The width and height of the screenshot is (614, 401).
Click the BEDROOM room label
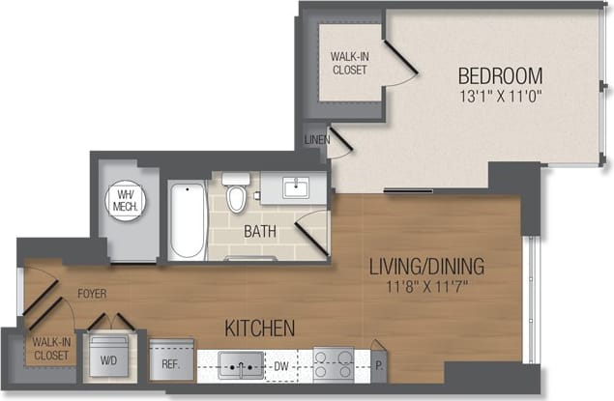point(500,75)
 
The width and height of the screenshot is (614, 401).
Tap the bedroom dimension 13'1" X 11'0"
point(500,96)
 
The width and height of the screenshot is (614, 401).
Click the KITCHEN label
point(259,329)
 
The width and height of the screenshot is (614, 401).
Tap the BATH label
point(259,232)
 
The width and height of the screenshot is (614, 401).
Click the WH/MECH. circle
point(126,200)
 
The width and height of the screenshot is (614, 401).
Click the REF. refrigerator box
point(171,363)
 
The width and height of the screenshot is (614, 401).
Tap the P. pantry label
point(379,366)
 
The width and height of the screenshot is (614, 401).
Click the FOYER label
point(92,293)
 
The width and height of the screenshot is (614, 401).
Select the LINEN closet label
point(316,140)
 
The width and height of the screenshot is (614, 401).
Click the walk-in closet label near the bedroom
point(348,63)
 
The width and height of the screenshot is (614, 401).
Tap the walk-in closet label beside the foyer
point(51,349)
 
